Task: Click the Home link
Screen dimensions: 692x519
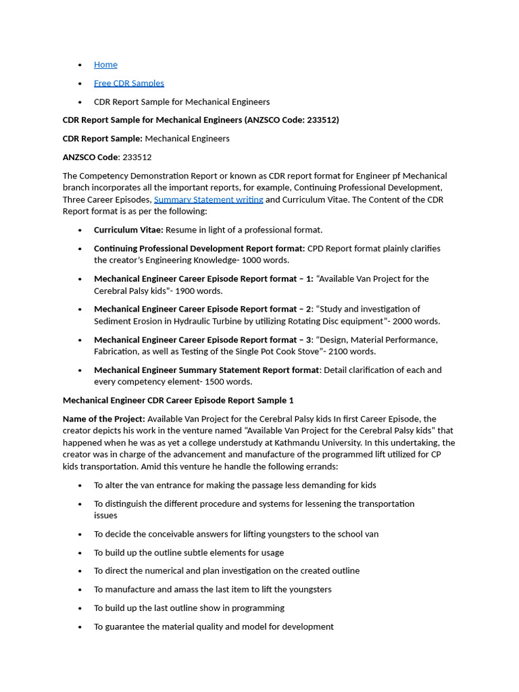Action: click(105, 65)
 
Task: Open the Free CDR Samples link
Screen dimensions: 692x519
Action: click(128, 83)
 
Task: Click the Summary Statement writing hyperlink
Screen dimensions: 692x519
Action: click(208, 199)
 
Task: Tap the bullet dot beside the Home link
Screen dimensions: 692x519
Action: click(80, 65)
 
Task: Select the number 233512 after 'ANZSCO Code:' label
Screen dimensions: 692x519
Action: click(137, 157)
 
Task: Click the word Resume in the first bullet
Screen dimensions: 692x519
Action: click(180, 230)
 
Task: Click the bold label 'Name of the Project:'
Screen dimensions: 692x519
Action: click(103, 419)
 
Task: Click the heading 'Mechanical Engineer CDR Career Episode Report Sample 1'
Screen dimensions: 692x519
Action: click(178, 400)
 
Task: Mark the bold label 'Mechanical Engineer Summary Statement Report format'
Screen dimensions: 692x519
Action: click(206, 370)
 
